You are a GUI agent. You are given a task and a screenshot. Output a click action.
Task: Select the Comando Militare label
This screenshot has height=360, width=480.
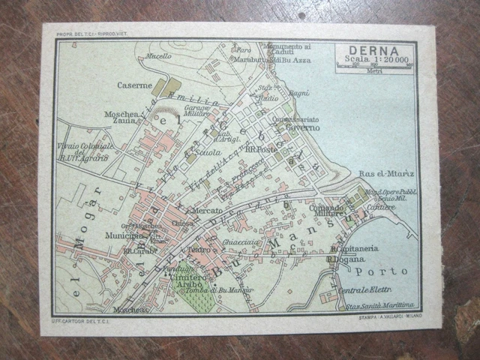click(326, 211)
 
